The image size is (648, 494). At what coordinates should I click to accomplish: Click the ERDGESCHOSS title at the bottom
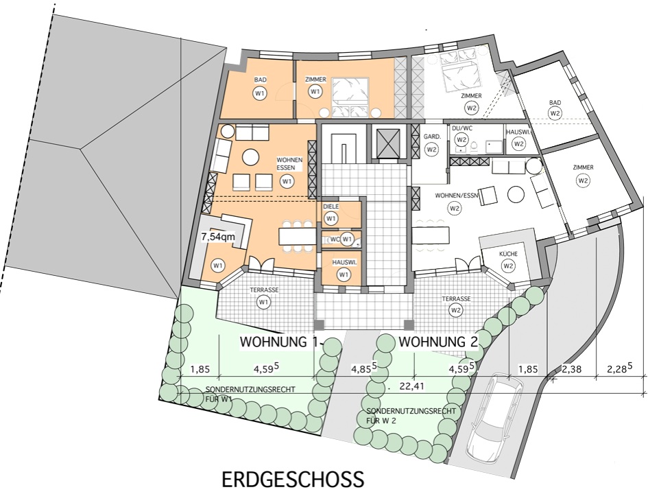293,480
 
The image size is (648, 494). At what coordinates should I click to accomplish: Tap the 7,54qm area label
218,237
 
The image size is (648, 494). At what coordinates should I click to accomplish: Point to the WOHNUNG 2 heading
438,342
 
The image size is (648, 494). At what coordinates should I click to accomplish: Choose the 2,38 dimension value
571,368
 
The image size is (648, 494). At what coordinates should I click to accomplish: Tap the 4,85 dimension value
363,368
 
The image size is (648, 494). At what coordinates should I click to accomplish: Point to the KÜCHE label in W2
508,254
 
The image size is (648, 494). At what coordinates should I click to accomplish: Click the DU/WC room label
462,128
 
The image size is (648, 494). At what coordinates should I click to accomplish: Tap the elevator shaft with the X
389,143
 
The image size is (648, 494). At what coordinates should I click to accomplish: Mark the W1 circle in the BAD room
260,93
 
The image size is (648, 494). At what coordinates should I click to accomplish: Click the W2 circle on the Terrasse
456,310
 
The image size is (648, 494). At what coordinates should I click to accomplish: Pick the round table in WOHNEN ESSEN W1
250,157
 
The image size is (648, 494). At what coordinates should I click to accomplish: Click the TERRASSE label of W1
264,290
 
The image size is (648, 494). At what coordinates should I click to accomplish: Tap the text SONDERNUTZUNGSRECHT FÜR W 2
411,416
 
